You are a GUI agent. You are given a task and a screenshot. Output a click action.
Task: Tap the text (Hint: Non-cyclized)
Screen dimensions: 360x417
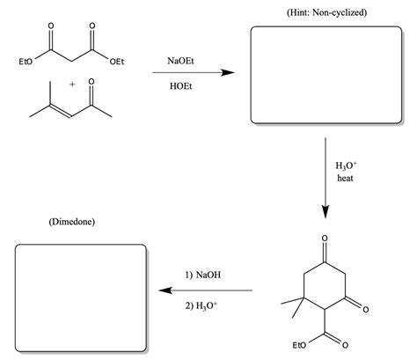(326, 12)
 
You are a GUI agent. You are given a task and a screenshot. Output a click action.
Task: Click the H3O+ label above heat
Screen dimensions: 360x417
(346, 165)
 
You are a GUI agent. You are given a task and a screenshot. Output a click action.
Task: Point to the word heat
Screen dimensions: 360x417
(346, 178)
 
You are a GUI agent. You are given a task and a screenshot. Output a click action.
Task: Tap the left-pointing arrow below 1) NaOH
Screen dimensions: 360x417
(205, 290)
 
